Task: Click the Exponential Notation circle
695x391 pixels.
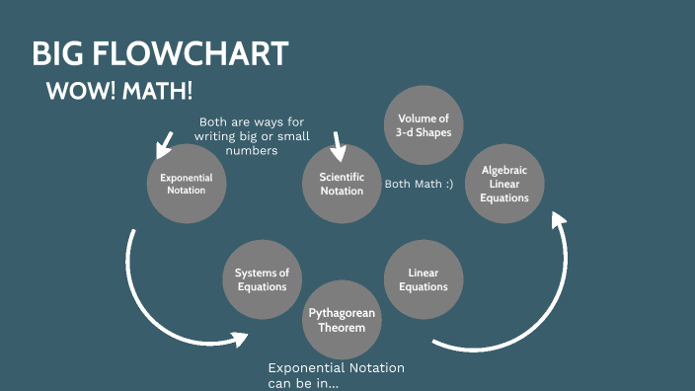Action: (186, 184)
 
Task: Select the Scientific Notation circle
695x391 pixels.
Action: (342, 184)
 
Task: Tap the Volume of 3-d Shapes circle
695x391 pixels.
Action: (423, 125)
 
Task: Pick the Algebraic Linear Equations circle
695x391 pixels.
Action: (503, 184)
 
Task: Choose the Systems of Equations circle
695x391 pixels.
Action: (262, 279)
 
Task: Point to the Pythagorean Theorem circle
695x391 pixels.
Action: (342, 319)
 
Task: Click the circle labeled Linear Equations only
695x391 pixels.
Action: (423, 279)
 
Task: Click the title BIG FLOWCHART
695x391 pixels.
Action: (160, 53)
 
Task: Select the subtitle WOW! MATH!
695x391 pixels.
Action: (118, 92)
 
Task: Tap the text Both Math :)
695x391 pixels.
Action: (419, 184)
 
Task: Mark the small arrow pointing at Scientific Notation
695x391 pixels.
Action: (338, 146)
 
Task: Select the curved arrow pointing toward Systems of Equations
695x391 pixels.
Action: (168, 306)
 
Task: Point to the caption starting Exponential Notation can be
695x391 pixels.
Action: (336, 375)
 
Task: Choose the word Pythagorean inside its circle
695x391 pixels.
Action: (342, 313)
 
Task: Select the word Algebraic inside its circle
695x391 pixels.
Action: (503, 170)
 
